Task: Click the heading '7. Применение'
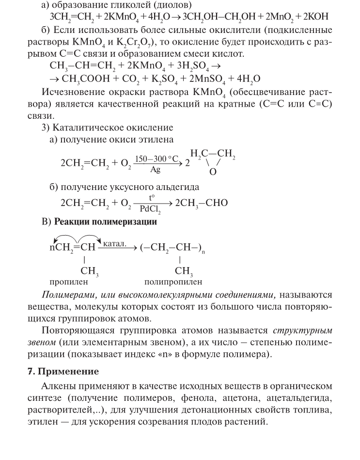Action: [63, 372]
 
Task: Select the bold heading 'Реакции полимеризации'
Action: [105, 222]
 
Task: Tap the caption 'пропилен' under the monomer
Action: [69, 281]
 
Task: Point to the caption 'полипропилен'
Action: [173, 281]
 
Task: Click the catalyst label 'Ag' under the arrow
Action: [156, 170]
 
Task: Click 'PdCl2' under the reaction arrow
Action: [152, 209]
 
